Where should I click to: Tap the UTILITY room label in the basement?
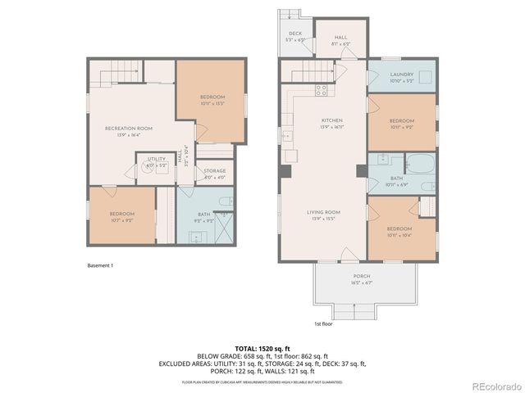click(156, 162)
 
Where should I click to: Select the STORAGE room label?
click(214, 173)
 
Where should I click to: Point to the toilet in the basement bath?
click(227, 201)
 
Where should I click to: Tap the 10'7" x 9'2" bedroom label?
click(121, 216)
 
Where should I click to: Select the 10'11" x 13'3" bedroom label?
click(212, 101)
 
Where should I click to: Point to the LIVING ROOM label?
click(323, 215)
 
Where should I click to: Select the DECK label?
click(294, 36)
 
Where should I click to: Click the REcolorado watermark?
click(493, 386)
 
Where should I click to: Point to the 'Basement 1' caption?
click(100, 265)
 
